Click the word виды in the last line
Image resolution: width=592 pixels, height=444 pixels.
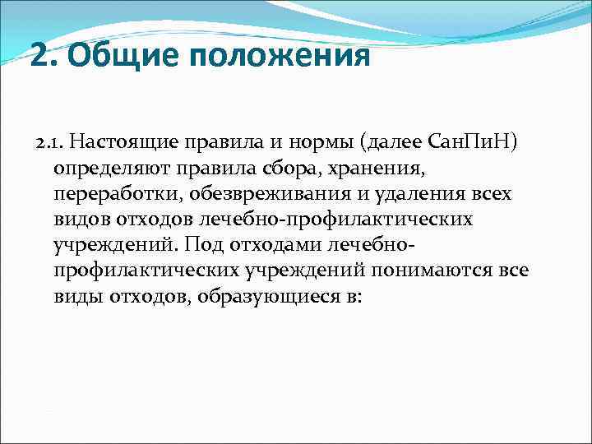pyautogui.click(x=76, y=296)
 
